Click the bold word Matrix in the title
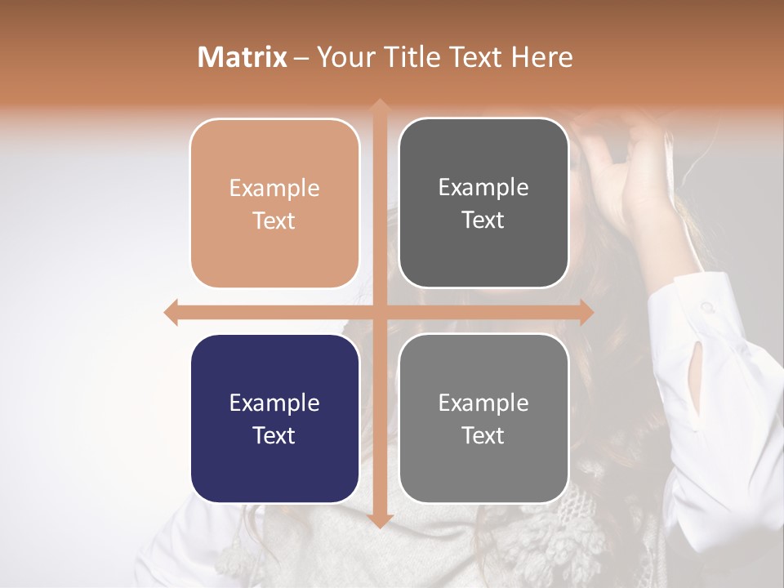point(243,57)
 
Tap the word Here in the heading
point(541,57)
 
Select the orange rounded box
point(274,253)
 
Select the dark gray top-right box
point(483,253)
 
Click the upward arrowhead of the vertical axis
point(379,106)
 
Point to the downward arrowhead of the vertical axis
point(379,520)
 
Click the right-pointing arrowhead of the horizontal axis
point(586,313)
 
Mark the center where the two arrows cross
point(379,313)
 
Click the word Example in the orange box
point(274,189)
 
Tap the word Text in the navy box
point(274,435)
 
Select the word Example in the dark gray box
point(483,188)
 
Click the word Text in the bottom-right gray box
point(483,435)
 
